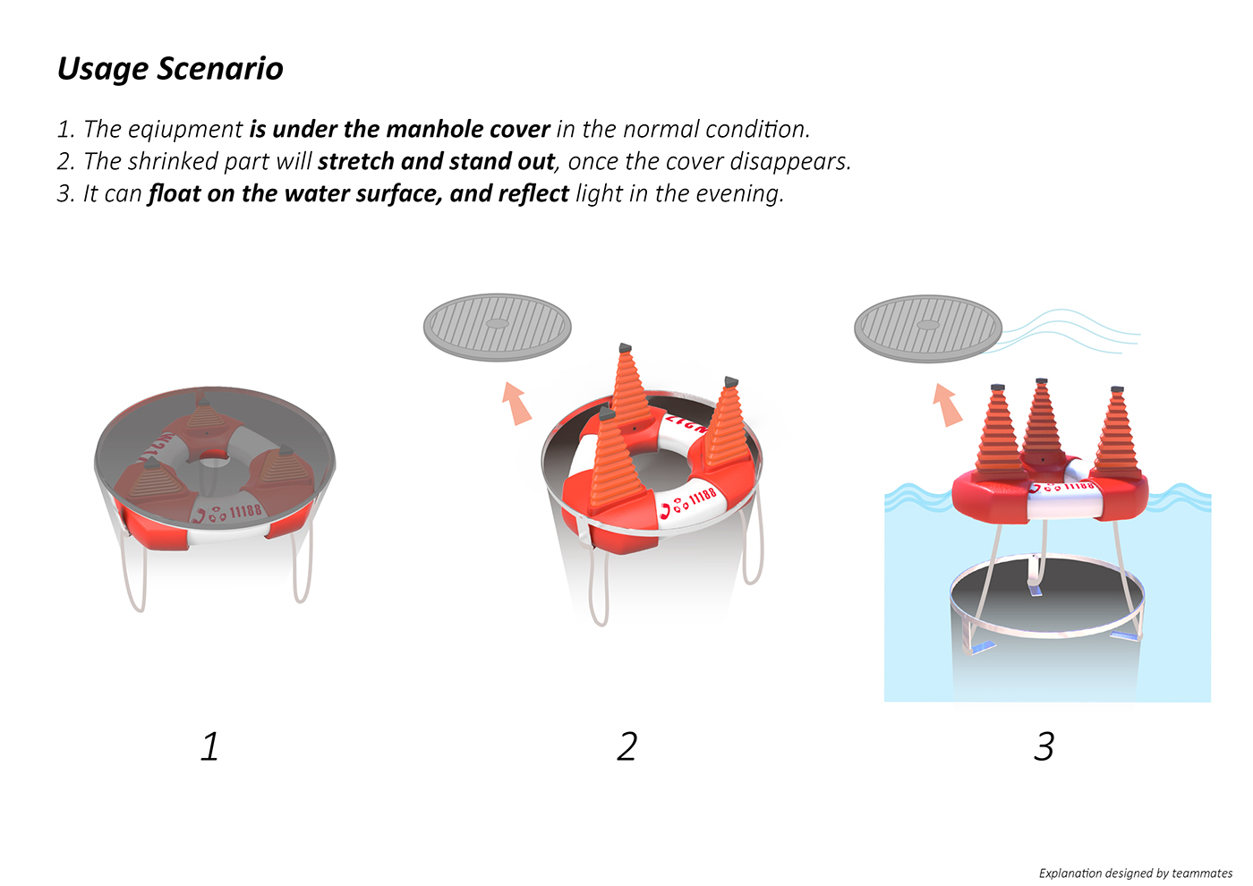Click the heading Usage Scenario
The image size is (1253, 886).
[x=170, y=70]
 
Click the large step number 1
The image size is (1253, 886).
[x=210, y=745]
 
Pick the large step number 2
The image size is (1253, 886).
[x=627, y=745]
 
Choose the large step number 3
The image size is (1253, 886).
[x=1044, y=745]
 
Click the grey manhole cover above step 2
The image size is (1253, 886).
[x=498, y=328]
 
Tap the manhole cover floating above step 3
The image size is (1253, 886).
[x=928, y=329]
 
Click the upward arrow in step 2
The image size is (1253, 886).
[x=516, y=404]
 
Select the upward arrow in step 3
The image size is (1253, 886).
[x=948, y=405]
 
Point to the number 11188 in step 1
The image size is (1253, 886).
[x=245, y=511]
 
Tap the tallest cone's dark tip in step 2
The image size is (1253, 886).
[x=626, y=348]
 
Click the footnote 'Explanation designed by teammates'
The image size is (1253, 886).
[x=1136, y=873]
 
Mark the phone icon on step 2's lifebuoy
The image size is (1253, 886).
[x=666, y=511]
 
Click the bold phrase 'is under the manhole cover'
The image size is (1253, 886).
[x=400, y=130]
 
